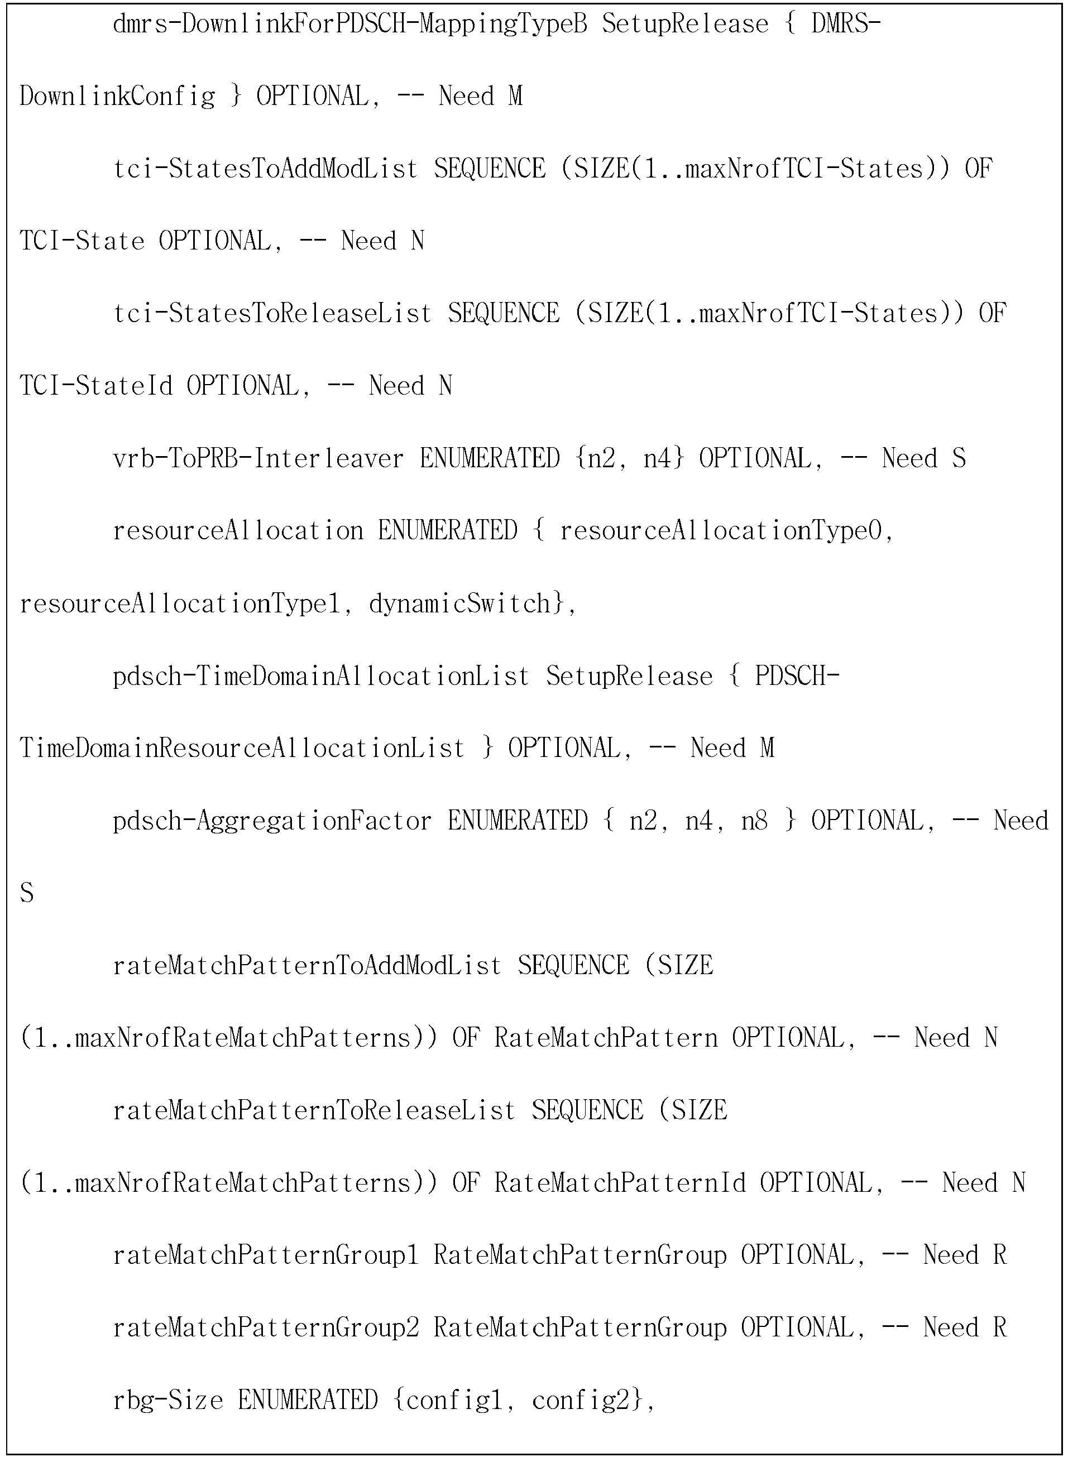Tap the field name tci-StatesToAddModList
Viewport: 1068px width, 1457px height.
(266, 169)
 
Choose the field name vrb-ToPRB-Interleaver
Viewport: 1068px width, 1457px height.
(258, 459)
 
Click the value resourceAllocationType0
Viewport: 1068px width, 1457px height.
(720, 531)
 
